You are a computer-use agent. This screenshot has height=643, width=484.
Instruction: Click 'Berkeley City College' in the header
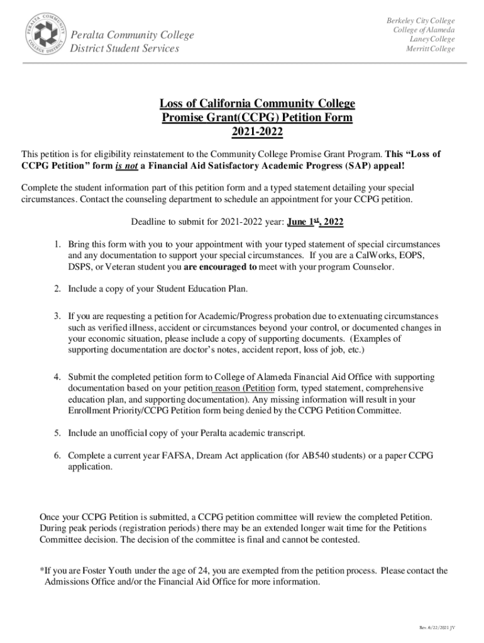[421, 21]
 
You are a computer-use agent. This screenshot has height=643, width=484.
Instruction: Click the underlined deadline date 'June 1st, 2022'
[315, 222]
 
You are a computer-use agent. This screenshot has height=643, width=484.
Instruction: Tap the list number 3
[57, 316]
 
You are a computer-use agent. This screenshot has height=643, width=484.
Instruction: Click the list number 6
[57, 455]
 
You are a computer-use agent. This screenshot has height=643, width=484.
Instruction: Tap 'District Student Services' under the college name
[124, 49]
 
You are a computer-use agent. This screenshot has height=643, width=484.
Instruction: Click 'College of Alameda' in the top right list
[424, 30]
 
